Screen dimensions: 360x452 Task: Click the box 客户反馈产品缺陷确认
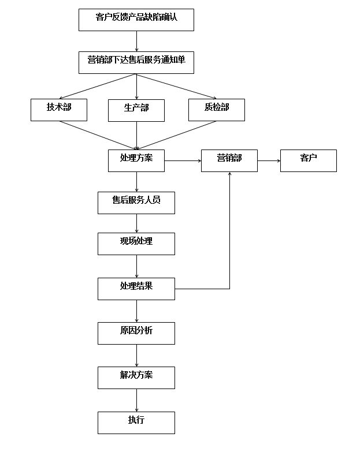pos(136,20)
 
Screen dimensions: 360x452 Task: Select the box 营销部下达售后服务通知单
pos(136,62)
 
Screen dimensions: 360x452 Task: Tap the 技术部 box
pos(59,110)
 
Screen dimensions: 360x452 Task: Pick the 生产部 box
pos(136,110)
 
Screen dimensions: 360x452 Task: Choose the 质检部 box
pos(217,110)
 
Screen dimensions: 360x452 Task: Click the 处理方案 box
pos(136,160)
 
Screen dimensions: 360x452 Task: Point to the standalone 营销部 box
pos(229,160)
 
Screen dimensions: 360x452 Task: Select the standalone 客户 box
pos(309,160)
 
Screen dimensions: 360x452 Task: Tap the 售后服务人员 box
pos(136,203)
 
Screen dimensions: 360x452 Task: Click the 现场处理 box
pos(136,244)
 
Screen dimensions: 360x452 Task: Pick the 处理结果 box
pos(136,289)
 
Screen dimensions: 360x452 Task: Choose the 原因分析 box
pos(136,333)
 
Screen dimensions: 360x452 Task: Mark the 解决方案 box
pos(136,378)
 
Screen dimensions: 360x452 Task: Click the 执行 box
pos(136,423)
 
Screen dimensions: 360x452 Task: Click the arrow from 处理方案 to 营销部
pos(183,161)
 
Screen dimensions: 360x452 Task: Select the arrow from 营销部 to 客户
pos(269,161)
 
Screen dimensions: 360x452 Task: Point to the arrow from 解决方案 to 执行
pos(137,401)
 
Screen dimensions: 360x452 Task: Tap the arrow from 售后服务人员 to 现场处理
pos(137,223)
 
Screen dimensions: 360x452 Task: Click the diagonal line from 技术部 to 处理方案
pos(98,135)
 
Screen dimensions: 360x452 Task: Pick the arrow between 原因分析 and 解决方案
pos(137,356)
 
